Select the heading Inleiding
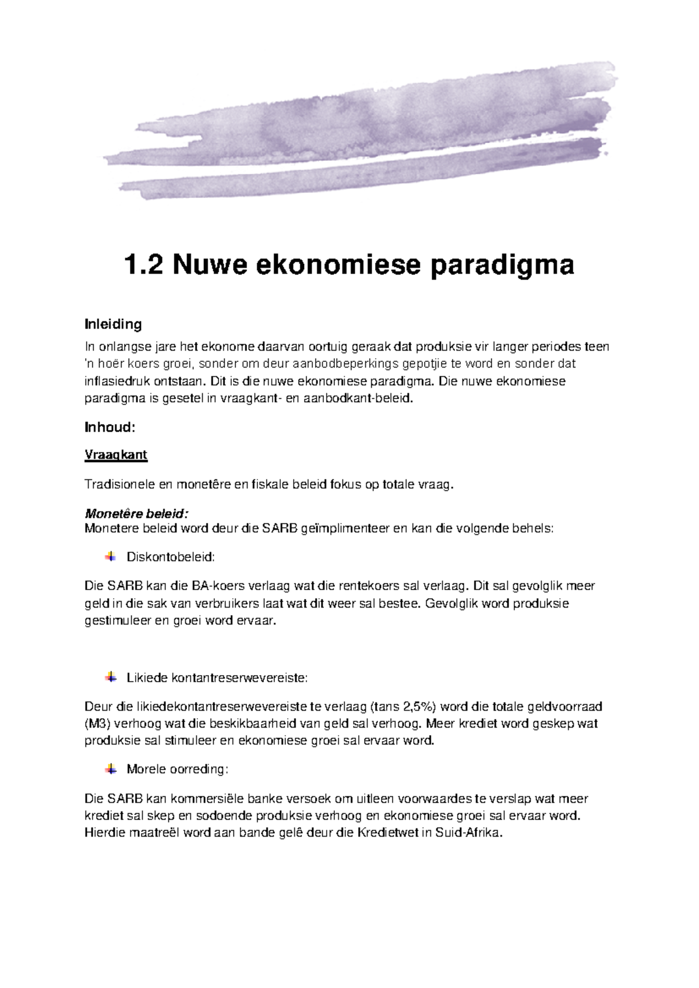[x=113, y=324]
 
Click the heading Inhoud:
[x=110, y=428]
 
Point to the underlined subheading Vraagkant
[x=116, y=455]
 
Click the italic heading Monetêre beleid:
[x=137, y=514]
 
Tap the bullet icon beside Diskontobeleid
[x=111, y=557]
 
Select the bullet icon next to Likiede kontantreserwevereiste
[x=111, y=678]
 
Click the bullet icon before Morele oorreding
[x=111, y=769]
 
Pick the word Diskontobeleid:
[x=171, y=557]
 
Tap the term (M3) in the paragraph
[x=97, y=724]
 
